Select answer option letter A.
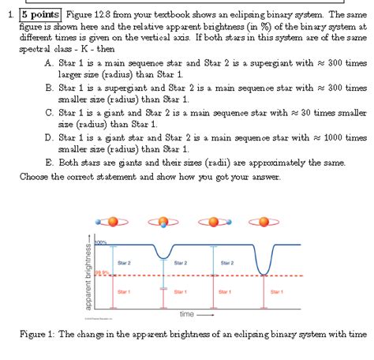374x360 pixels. point(49,62)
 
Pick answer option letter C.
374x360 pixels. point(49,113)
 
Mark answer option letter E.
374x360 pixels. point(49,163)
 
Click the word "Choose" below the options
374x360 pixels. point(35,177)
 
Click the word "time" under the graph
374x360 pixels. point(187,313)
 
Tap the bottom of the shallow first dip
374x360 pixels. point(163,257)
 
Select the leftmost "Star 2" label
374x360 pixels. point(124,262)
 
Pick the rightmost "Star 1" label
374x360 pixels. point(276,291)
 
